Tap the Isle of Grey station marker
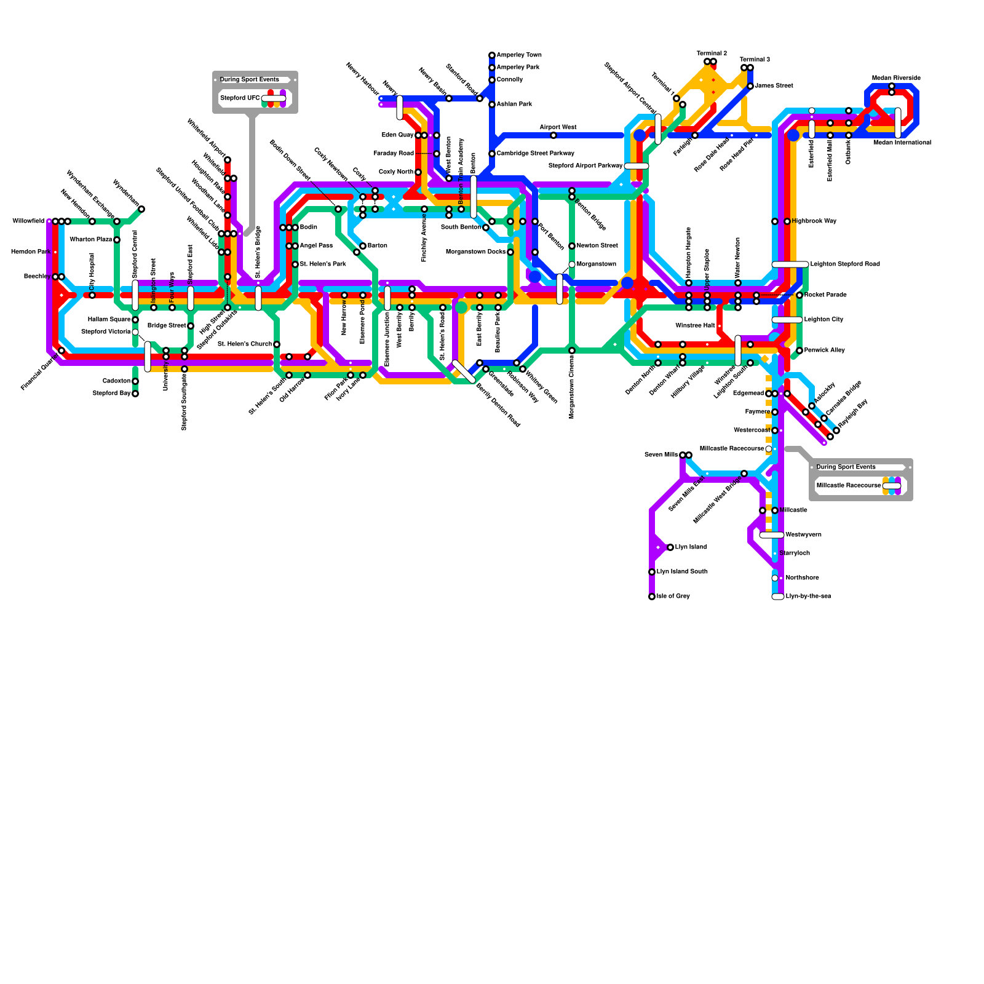pyautogui.click(x=652, y=597)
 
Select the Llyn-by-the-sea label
pyautogui.click(x=808, y=597)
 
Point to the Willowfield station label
pyautogui.click(x=28, y=221)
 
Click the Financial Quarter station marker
pyautogui.click(x=61, y=351)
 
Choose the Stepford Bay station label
pyautogui.click(x=111, y=394)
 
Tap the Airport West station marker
pyautogui.click(x=553, y=135)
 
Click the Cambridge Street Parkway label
pyautogui.click(x=535, y=154)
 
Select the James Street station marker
pyautogui.click(x=750, y=86)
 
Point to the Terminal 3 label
pyautogui.click(x=755, y=60)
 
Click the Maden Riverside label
pyautogui.click(x=896, y=78)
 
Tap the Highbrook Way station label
pyautogui.click(x=814, y=221)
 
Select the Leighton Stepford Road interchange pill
pyautogui.click(x=790, y=264)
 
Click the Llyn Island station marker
pyautogui.click(x=670, y=547)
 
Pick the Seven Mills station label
pyautogui.click(x=661, y=455)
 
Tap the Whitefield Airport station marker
pyautogui.click(x=228, y=160)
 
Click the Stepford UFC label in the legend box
pyautogui.click(x=240, y=98)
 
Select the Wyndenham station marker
pyautogui.click(x=141, y=209)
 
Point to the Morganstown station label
pyautogui.click(x=596, y=264)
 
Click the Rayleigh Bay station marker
pyautogui.click(x=836, y=430)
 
